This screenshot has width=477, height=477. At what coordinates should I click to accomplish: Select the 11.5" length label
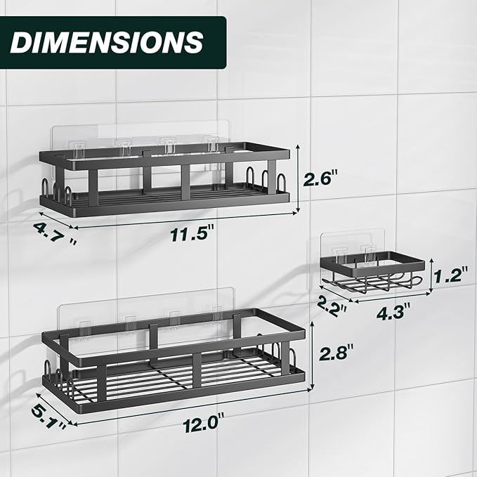tap(192, 234)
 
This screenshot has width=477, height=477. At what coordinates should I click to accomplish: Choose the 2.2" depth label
tap(332, 306)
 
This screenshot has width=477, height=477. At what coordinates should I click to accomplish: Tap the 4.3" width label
tap(393, 313)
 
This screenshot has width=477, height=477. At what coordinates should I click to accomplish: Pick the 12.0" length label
tap(204, 425)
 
